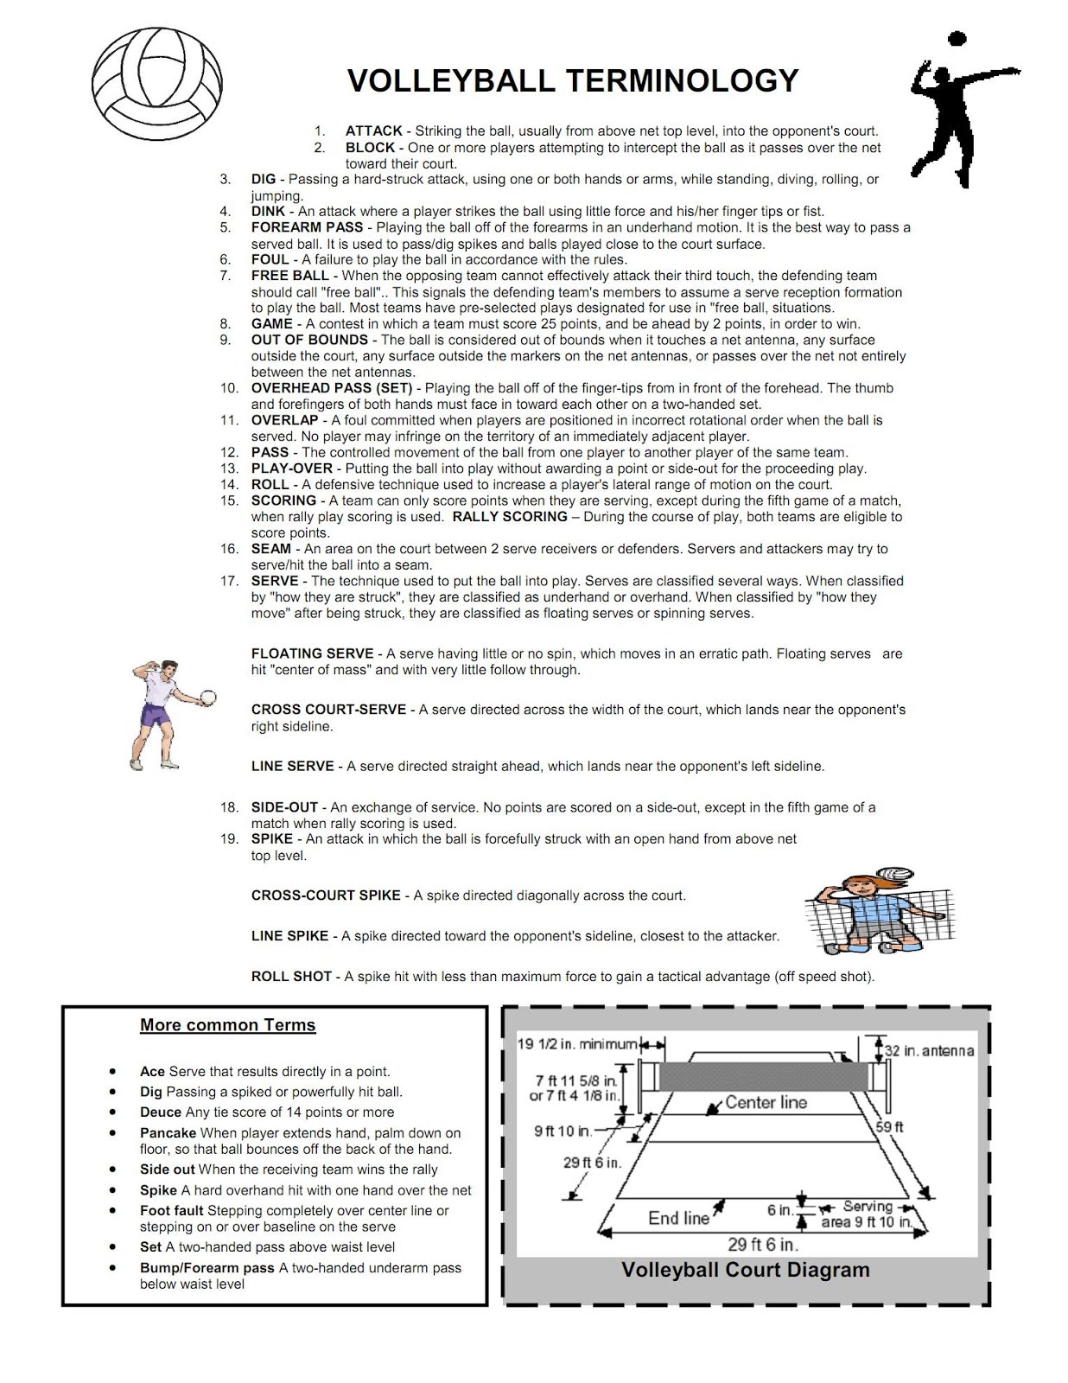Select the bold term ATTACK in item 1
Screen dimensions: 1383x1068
tap(373, 131)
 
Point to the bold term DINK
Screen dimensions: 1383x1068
tap(268, 212)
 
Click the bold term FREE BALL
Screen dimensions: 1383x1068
tap(289, 276)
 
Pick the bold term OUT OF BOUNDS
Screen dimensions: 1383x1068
tap(309, 341)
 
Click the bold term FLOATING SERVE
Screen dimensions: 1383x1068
tap(312, 654)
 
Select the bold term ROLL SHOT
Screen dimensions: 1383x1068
tap(291, 977)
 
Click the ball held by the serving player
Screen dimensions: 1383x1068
tap(207, 696)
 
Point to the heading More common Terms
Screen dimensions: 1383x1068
tap(228, 1025)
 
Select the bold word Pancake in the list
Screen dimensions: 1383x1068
tap(168, 1133)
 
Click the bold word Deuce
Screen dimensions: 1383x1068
tap(161, 1112)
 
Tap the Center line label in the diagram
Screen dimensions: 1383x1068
tap(766, 1102)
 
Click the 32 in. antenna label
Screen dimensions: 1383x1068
tap(929, 1051)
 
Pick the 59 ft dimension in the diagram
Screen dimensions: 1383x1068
tap(889, 1127)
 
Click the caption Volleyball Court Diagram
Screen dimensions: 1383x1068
tap(745, 1270)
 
